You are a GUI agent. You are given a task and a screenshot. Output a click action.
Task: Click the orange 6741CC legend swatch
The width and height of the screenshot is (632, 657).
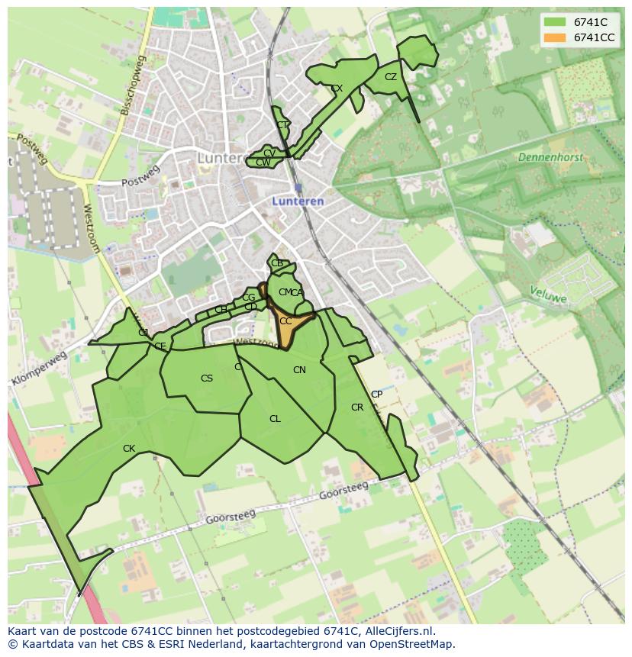pos(556,37)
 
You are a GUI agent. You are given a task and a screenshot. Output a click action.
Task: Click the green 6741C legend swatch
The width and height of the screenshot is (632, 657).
pos(556,22)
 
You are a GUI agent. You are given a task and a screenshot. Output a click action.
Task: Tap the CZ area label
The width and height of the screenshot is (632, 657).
pos(391,77)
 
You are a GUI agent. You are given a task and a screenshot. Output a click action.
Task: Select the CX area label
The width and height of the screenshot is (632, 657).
pos(337,89)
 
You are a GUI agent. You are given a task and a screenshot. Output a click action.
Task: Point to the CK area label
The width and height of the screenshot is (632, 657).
pos(129,449)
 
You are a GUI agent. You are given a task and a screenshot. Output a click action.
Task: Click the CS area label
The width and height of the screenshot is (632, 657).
pos(207,378)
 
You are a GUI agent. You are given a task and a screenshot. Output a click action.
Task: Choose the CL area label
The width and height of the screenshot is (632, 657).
pos(275,419)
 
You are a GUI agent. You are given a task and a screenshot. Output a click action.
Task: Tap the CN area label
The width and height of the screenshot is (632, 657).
pos(299,370)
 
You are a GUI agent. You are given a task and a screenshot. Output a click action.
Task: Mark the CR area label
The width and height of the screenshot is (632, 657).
pos(357,407)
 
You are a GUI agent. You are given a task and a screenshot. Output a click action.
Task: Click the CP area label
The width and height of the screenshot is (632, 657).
pos(376,395)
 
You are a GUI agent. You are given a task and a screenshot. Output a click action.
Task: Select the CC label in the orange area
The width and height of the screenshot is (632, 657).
pos(285,321)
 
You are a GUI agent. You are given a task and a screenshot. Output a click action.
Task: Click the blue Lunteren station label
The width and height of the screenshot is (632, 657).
pos(298,201)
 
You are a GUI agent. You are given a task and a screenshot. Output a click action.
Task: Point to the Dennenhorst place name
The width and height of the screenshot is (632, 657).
pos(550,157)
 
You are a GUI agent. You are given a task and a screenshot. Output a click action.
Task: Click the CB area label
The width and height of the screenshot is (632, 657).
pos(277,263)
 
